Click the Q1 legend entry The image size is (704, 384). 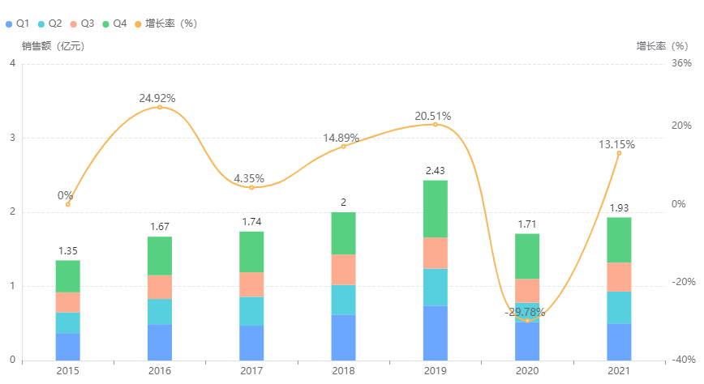pyautogui.click(x=17, y=23)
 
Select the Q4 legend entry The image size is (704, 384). pyautogui.click(x=114, y=23)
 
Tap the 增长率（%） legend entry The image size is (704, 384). pyautogui.click(x=165, y=23)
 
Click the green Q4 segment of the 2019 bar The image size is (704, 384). pyautogui.click(x=436, y=209)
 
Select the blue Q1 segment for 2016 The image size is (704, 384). pyautogui.click(x=160, y=342)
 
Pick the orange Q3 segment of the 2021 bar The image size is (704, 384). pyautogui.click(x=619, y=276)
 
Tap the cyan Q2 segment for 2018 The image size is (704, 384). pyautogui.click(x=343, y=300)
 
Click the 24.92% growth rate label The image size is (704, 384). pyautogui.click(x=157, y=98)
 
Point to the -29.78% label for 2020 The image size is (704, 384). pyautogui.click(x=526, y=312)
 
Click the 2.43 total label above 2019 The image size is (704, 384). pyautogui.click(x=436, y=171)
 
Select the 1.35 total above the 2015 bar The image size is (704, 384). pyautogui.click(x=68, y=251)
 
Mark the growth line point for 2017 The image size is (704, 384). pyautogui.click(x=251, y=187)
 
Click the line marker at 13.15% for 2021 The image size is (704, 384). pyautogui.click(x=619, y=153)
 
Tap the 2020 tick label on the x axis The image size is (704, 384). pyautogui.click(x=527, y=370)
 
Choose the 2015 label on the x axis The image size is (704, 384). pyautogui.click(x=68, y=370)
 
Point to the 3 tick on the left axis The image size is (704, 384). pyautogui.click(x=12, y=138)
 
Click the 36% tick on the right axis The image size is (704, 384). pyautogui.click(x=681, y=63)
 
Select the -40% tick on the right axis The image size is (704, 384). pyautogui.click(x=683, y=361)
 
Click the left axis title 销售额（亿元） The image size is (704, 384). pyautogui.click(x=53, y=46)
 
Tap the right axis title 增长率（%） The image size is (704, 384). pyautogui.click(x=662, y=46)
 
